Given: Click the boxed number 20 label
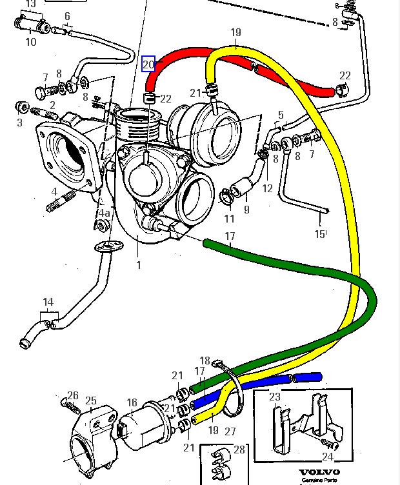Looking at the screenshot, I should tap(148, 64).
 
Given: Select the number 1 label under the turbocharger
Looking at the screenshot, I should tap(137, 264).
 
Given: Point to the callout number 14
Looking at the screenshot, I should tap(48, 302).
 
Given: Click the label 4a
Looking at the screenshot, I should tap(104, 212).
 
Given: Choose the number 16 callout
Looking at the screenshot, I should tap(132, 403).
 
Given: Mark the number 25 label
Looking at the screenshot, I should tap(90, 401).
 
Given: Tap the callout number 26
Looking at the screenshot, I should tap(73, 396).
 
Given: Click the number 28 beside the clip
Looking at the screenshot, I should tap(239, 450).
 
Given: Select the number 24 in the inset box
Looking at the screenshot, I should tap(328, 457).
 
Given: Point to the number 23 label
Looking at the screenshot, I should tap(275, 397).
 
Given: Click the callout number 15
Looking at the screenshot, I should tap(320, 234).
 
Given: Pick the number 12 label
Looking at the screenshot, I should tap(267, 189).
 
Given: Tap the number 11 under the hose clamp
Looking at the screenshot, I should tap(230, 219).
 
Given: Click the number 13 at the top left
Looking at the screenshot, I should tap(30, 4).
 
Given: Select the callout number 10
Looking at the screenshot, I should tap(30, 43).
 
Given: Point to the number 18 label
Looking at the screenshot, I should tap(205, 361).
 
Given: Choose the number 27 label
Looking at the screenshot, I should tap(230, 431).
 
